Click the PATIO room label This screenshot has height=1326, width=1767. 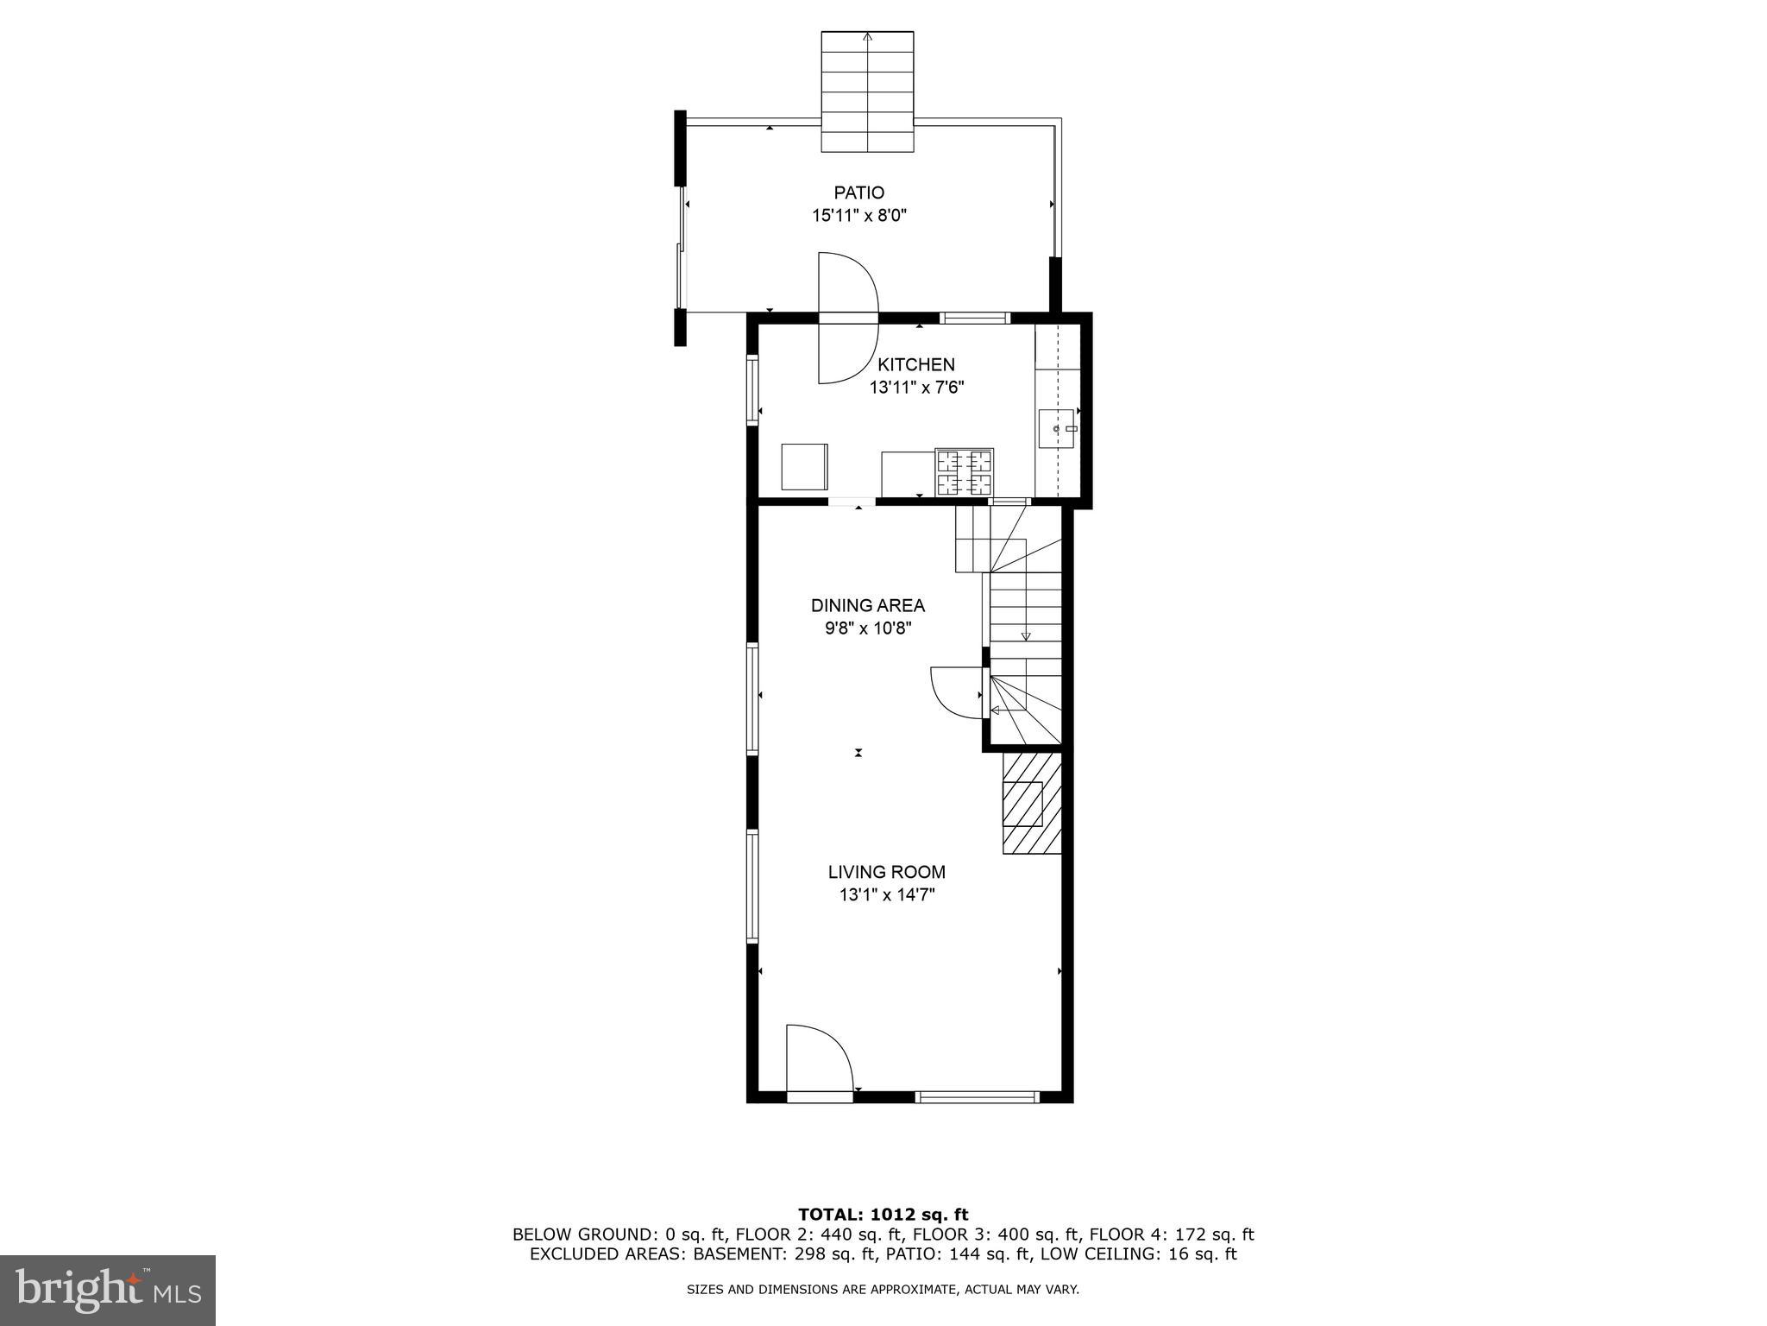pos(858,193)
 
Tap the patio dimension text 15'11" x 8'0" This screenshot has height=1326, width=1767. pos(858,216)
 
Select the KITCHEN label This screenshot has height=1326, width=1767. pos(916,364)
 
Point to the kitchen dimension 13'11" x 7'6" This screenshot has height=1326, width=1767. pos(916,388)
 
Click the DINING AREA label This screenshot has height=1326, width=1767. pos(867,605)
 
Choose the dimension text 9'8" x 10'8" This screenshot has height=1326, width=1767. pos(867,628)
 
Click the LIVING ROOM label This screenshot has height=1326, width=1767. pos(887,872)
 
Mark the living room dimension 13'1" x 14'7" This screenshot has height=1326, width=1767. pos(887,895)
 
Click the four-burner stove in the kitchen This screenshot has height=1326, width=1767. pos(964,472)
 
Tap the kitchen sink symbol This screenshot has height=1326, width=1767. pos(1059,429)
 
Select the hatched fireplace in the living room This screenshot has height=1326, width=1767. pos(1031,803)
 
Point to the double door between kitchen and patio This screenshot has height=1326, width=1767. pos(847,318)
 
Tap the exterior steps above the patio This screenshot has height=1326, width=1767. pos(866,92)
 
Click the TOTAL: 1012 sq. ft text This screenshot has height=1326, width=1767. pos(883,1215)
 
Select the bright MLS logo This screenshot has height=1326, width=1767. pos(108,1290)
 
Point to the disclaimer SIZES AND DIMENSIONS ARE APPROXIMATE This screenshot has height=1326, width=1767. pos(883,1290)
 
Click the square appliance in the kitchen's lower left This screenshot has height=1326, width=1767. pos(804,466)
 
